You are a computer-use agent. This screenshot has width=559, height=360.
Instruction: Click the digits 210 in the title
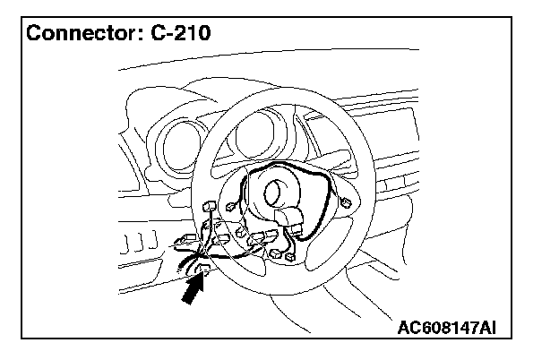click(x=197, y=36)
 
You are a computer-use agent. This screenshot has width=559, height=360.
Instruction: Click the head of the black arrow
click(x=200, y=278)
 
